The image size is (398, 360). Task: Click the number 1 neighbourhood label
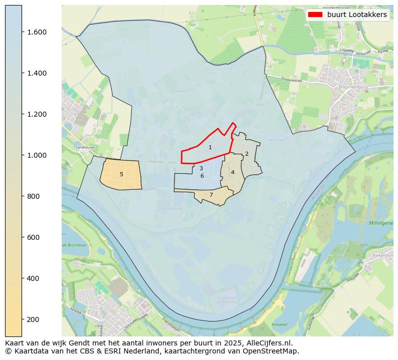(210, 147)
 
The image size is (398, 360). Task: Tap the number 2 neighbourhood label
(247, 154)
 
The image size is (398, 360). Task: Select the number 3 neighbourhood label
(201, 169)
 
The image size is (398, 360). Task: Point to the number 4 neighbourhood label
(233, 172)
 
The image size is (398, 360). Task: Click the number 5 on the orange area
(121, 174)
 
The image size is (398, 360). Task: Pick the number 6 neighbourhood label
(202, 176)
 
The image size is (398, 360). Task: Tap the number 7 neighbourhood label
(211, 195)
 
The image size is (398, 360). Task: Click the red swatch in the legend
(315, 15)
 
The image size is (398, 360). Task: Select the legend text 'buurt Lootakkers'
(357, 15)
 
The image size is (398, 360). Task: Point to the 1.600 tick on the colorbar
(37, 32)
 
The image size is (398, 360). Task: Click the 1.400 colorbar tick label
(37, 73)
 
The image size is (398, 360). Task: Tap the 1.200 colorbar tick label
(37, 114)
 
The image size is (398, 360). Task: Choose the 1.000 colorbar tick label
(37, 155)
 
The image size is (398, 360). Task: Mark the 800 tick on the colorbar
(33, 196)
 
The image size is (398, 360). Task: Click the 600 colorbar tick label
(33, 237)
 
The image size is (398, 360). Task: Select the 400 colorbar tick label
(33, 278)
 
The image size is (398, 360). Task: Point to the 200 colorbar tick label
(33, 319)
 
